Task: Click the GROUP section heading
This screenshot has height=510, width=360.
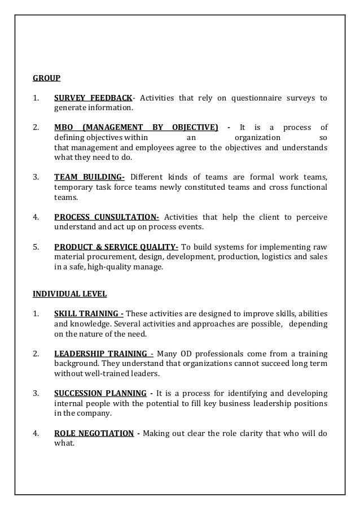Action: [x=46, y=78]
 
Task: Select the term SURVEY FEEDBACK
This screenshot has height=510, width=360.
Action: [x=94, y=98]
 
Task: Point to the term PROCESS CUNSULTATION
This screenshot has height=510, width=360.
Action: [x=106, y=217]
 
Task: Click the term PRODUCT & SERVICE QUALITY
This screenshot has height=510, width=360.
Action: [x=116, y=247]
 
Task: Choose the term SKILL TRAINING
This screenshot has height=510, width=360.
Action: [x=89, y=314]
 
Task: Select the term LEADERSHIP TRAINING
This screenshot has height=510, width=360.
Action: [x=103, y=354]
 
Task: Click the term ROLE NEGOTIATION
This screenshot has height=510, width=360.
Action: [x=94, y=433]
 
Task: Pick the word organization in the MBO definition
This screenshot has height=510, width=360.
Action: [x=256, y=138]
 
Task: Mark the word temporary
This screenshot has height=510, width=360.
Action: [x=73, y=188]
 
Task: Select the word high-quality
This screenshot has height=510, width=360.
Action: [x=104, y=267]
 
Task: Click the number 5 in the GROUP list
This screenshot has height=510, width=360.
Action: [x=35, y=247]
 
